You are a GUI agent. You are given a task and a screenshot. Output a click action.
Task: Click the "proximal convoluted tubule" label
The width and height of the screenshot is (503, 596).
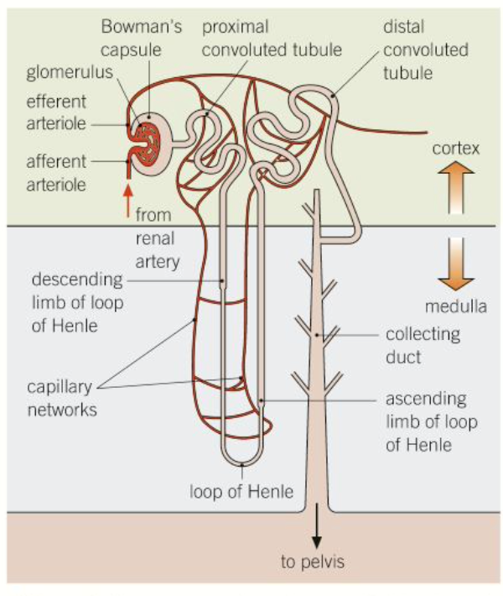point(272,37)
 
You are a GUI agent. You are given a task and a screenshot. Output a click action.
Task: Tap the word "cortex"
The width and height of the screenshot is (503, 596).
point(455,149)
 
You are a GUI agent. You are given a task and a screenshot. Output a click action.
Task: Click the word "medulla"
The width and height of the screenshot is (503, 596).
point(455,306)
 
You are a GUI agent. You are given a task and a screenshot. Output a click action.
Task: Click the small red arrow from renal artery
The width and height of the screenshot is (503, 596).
point(127,201)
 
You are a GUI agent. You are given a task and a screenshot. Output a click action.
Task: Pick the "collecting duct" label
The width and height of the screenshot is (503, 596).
point(423,344)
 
